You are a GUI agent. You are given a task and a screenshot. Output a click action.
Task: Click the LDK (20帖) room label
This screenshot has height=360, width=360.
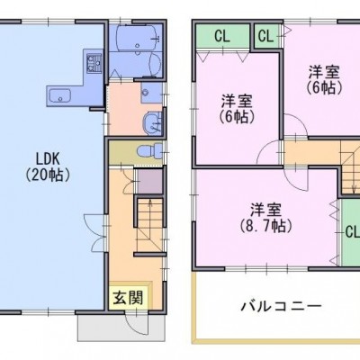[48, 167]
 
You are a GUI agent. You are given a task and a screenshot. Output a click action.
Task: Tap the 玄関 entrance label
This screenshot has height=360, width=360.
[128, 299]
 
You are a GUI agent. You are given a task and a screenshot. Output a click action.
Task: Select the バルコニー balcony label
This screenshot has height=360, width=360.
[282, 306]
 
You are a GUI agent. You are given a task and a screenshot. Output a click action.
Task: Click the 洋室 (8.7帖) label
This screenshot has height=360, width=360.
[266, 218]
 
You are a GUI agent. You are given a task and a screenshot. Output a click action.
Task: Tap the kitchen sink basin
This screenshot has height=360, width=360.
[59, 96]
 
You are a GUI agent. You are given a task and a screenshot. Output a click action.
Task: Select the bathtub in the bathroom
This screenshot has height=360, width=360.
[137, 37]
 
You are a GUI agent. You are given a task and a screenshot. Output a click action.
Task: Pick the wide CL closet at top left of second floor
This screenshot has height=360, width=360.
[222, 37]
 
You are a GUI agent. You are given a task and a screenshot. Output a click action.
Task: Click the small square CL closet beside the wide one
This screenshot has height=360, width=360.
[265, 36]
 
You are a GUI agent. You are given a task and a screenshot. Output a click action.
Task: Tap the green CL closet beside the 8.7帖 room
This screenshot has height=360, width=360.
[350, 231]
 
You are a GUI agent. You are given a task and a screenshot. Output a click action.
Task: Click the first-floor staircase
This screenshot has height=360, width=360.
[149, 224]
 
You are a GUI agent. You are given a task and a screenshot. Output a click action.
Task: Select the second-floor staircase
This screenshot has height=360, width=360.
[350, 167]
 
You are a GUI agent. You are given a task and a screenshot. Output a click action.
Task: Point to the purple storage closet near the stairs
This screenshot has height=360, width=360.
[149, 181]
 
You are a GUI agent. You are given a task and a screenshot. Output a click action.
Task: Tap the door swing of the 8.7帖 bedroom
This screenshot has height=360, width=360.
[296, 179]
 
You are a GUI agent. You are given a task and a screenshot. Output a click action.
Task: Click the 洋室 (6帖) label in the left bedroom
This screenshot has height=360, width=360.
[237, 109]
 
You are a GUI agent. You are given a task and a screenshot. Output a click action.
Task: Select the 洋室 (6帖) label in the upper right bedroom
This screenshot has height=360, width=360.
[324, 79]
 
